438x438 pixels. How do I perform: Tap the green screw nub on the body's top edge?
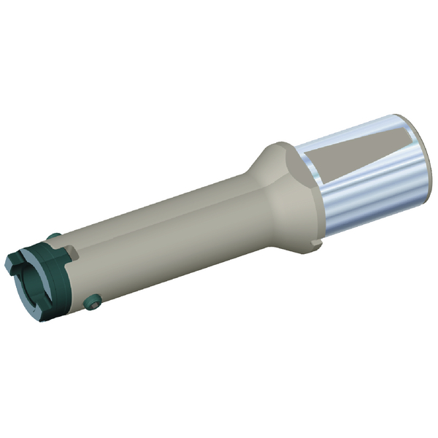tap(54, 236)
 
